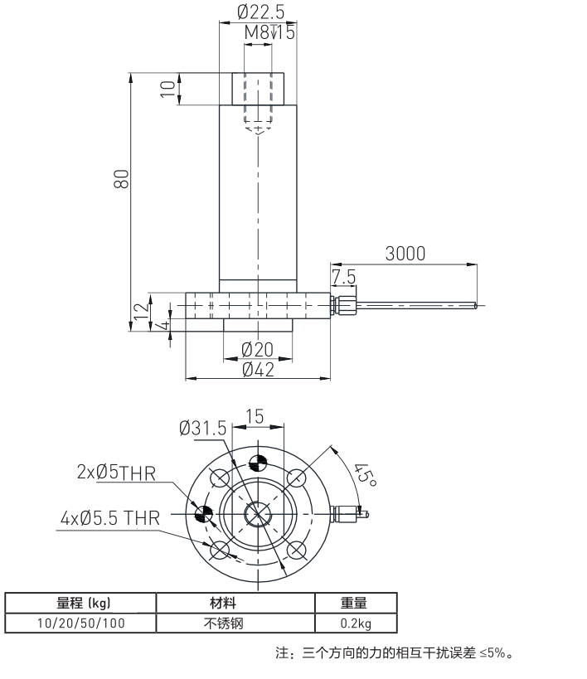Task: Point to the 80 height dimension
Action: (x=121, y=180)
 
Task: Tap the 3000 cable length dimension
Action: (x=405, y=254)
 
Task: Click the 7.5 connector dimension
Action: (x=343, y=276)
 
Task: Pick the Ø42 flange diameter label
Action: (x=258, y=370)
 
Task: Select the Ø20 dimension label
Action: (x=258, y=350)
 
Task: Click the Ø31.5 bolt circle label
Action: (x=202, y=428)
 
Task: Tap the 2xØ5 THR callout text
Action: (x=113, y=473)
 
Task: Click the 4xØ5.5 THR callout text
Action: (x=110, y=518)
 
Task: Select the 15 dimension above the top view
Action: (x=255, y=416)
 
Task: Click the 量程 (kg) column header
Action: (x=81, y=603)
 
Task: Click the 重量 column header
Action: (x=355, y=603)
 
